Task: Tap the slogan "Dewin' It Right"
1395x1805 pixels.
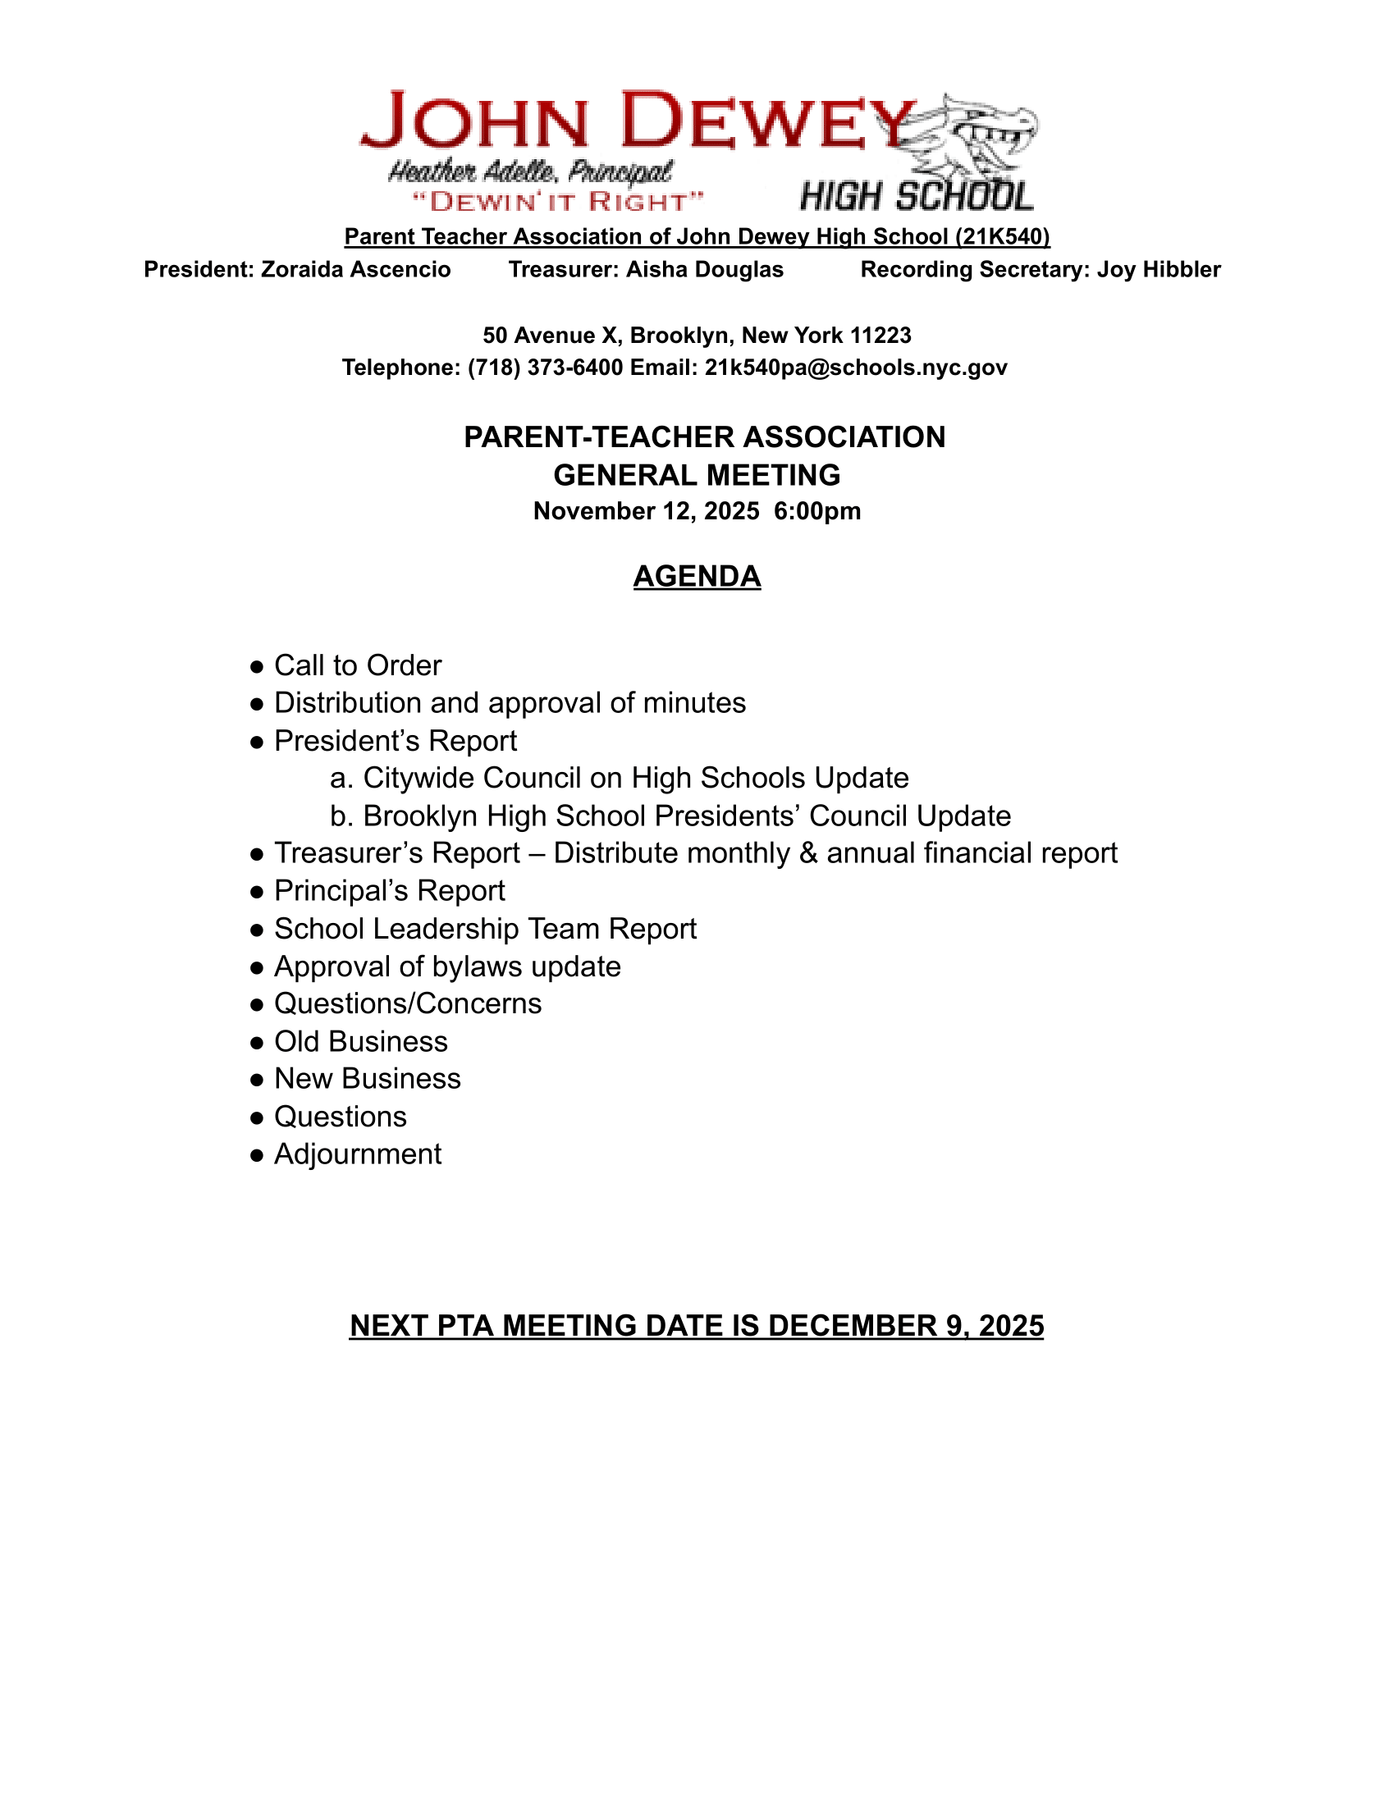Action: [x=558, y=201]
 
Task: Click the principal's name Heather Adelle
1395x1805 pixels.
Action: [x=473, y=172]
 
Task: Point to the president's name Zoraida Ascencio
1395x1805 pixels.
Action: [x=355, y=269]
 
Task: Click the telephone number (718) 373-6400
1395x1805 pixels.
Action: [x=546, y=368]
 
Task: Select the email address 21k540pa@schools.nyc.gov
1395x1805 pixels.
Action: [x=855, y=368]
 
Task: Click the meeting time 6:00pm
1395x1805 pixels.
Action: [x=817, y=512]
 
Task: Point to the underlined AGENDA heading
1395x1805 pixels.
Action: [x=697, y=576]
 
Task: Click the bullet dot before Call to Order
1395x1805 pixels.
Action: [x=257, y=666]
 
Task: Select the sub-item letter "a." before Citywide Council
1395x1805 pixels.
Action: [x=341, y=779]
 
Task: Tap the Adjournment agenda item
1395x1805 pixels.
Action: [x=357, y=1154]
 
